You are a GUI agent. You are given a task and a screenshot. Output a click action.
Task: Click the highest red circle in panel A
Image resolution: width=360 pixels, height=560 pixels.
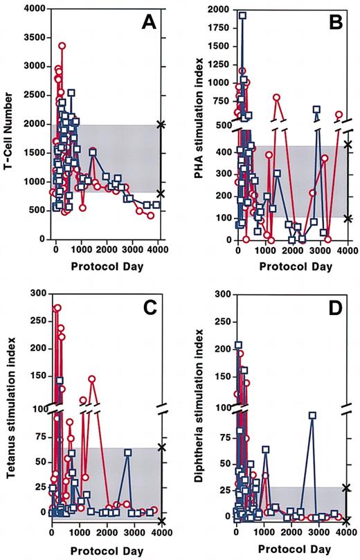pos(62,46)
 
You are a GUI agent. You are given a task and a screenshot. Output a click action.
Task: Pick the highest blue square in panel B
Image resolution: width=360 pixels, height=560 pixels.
pos(242,15)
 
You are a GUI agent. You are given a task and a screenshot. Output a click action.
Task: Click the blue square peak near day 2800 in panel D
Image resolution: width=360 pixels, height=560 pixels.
pos(313,415)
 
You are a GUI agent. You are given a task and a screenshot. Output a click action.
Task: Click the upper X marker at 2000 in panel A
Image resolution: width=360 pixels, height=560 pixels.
pos(161,125)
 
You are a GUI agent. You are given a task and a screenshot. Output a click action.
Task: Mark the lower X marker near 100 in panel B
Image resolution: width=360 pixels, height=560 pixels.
pos(348,218)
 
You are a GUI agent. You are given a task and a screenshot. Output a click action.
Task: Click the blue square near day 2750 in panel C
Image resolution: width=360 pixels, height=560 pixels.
pos(128,453)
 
